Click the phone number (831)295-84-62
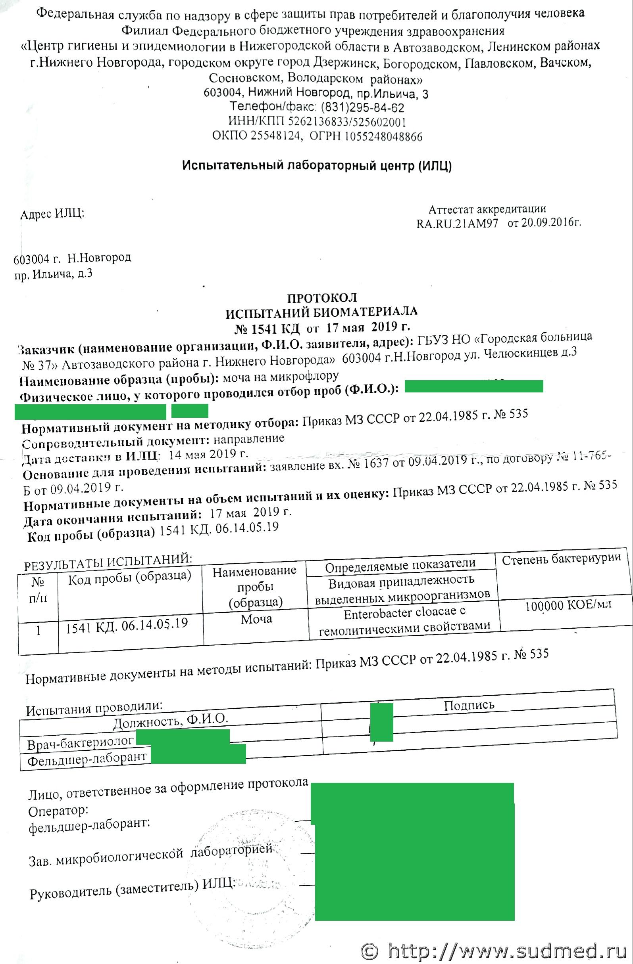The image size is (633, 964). tap(362, 108)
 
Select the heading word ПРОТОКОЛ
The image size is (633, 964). tap(322, 298)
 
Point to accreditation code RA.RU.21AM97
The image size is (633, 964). tap(457, 224)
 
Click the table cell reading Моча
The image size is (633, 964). tap(256, 619)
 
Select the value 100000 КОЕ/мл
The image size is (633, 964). tap(568, 605)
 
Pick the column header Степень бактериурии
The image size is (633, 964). tap(561, 559)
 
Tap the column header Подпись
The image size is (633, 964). tap(469, 705)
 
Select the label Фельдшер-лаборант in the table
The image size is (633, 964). tap(87, 759)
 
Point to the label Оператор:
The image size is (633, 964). tap(58, 811)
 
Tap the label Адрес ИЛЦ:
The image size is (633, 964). tap(52, 214)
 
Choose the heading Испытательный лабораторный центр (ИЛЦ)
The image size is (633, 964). tap(317, 166)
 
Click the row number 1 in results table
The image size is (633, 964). tap(38, 631)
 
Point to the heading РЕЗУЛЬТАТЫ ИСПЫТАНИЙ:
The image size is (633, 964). tap(108, 562)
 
